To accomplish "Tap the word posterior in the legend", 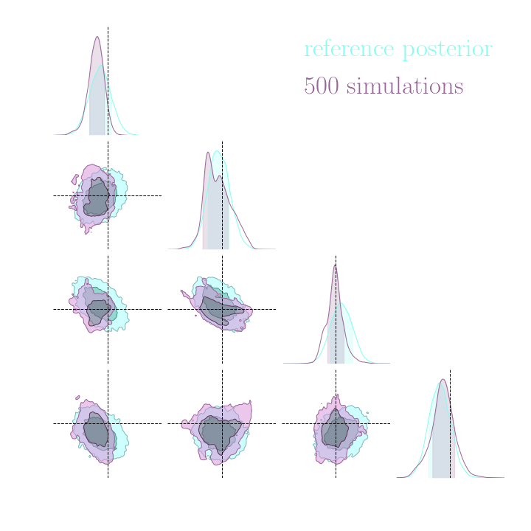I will [x=447, y=50].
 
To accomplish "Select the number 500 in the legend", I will [x=321, y=86].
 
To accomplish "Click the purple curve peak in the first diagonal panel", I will [x=97, y=36].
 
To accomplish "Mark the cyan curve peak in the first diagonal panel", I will [x=102, y=66].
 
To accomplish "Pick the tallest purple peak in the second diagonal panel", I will [x=208, y=151].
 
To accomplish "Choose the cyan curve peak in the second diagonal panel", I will [x=217, y=151].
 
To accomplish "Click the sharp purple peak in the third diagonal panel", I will [x=335, y=264].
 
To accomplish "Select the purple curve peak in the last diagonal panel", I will [x=443, y=379].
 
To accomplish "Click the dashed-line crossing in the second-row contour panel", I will [x=108, y=195].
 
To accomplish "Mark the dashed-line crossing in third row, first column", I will [x=108, y=309].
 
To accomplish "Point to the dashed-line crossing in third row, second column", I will [x=222, y=309].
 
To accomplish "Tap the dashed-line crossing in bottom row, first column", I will [x=108, y=423].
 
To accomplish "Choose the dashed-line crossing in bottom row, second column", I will [x=222, y=423].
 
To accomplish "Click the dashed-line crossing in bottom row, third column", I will [x=336, y=423].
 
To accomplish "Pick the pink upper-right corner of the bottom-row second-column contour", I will [x=249, y=403].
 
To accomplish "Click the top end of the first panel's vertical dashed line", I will [x=108, y=28].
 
